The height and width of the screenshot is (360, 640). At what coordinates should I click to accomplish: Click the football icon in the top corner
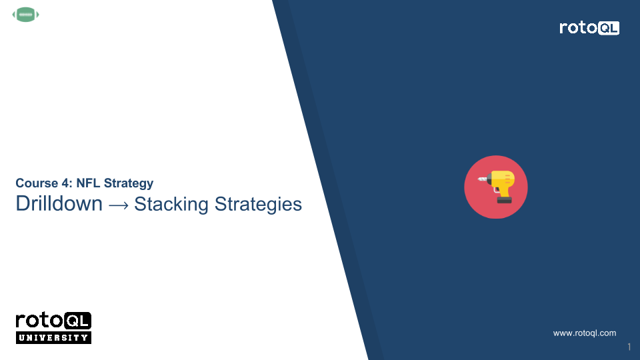[26, 14]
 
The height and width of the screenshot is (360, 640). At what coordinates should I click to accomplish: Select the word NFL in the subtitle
[87, 183]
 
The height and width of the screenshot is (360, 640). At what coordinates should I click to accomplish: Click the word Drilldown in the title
[59, 203]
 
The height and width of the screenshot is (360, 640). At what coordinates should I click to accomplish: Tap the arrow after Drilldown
[119, 204]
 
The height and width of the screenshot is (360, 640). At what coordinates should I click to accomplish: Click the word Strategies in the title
[258, 203]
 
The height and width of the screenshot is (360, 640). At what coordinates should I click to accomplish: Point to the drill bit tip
[479, 179]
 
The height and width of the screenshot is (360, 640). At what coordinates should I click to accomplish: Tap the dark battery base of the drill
[504, 199]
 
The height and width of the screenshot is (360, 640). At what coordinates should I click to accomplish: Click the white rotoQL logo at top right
[589, 28]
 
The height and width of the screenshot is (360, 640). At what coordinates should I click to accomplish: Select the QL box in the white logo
[609, 28]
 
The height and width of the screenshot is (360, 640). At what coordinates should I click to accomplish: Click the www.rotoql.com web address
[585, 333]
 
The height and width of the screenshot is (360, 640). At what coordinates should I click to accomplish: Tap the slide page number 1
[629, 347]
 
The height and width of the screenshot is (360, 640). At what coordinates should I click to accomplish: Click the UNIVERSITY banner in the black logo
[53, 337]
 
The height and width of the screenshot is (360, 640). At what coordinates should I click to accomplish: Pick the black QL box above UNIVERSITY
[79, 321]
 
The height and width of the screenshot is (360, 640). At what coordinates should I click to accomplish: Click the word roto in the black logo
[40, 321]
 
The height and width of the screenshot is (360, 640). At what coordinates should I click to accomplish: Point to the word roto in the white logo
[579, 28]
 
